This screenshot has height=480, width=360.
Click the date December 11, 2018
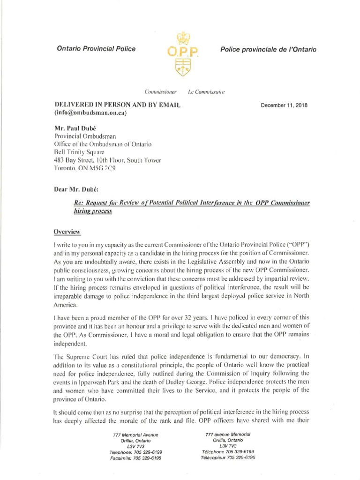pyautogui.click(x=284, y=105)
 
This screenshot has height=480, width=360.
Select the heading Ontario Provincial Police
pyautogui.click(x=96, y=49)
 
